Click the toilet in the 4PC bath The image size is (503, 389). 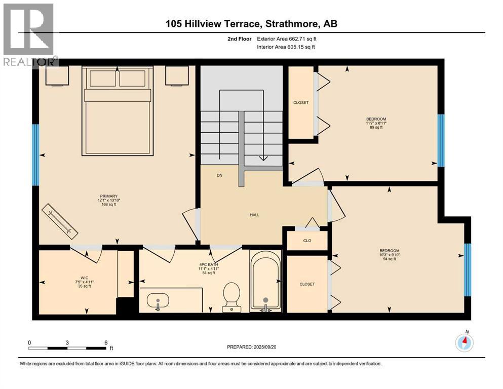[231, 297]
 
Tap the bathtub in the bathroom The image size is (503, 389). [265, 281]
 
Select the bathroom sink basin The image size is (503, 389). [158, 301]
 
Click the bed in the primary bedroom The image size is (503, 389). [118, 111]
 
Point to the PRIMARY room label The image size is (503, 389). [109, 196]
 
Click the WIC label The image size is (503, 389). [85, 278]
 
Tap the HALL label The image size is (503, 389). [255, 215]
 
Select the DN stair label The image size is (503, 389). [219, 175]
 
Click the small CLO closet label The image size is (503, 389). [307, 241]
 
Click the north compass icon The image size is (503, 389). [464, 342]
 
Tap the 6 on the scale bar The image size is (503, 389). [106, 342]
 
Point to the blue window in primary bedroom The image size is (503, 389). [35, 155]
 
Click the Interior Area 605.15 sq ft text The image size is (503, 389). [286, 47]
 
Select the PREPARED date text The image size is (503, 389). [251, 347]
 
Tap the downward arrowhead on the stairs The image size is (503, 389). [263, 158]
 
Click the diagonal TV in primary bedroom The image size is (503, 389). [60, 221]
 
